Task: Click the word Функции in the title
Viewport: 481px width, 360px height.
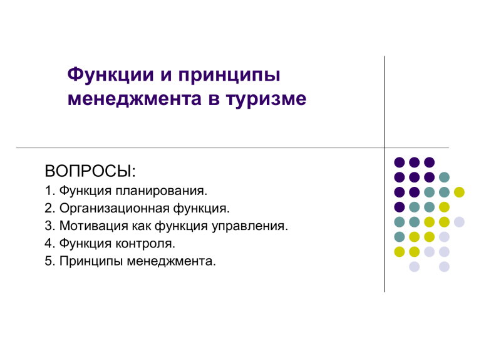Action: (x=110, y=75)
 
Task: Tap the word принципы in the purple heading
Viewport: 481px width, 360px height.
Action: (x=229, y=76)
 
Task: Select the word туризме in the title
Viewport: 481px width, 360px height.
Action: (x=266, y=99)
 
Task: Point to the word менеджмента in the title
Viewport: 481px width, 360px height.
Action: (x=135, y=99)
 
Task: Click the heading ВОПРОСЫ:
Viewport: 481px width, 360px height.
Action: (x=90, y=171)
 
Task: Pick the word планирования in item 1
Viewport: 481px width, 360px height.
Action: (x=162, y=191)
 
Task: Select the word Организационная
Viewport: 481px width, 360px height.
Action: (x=115, y=209)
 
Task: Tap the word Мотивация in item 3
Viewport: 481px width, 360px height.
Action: (x=94, y=226)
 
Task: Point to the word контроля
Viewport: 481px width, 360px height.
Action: (x=145, y=244)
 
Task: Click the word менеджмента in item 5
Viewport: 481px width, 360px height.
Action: (x=172, y=262)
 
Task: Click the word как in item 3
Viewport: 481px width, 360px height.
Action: (x=142, y=226)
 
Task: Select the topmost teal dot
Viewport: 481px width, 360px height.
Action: (x=444, y=177)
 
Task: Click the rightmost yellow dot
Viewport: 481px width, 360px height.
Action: (x=459, y=192)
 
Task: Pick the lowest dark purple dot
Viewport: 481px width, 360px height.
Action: (x=400, y=207)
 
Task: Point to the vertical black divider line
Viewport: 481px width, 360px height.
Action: (x=385, y=174)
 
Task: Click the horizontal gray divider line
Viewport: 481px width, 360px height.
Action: (x=232, y=148)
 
